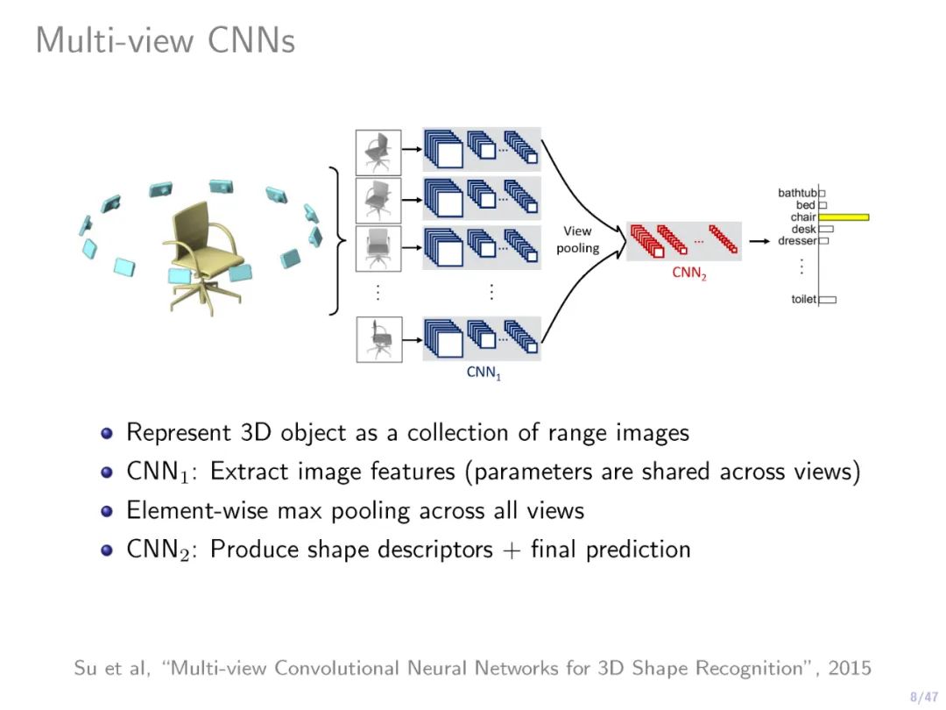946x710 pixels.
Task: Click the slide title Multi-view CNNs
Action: point(165,40)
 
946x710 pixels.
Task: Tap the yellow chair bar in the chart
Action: point(844,217)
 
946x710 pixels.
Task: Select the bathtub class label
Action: point(797,193)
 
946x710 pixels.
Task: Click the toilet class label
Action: point(803,300)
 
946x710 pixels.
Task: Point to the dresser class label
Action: point(797,241)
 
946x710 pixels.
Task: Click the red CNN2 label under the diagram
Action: point(688,273)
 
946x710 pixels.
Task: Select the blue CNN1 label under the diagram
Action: point(484,373)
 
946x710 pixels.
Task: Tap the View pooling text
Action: point(578,239)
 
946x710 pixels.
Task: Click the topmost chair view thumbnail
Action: point(378,152)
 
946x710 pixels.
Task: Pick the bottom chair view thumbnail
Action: point(378,339)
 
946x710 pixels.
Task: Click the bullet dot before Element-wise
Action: point(107,511)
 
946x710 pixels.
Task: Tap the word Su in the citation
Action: point(86,669)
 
